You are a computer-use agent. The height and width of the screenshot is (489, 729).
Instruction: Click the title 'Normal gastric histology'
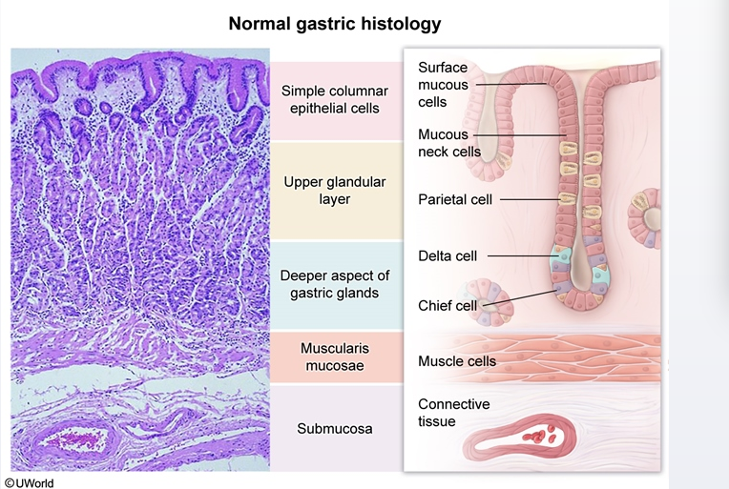(x=334, y=22)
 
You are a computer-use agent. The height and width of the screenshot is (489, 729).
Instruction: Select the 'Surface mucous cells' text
(x=443, y=84)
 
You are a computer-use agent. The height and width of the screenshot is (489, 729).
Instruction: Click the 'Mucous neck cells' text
(x=448, y=143)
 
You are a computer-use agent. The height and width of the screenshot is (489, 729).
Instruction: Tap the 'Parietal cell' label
(x=453, y=199)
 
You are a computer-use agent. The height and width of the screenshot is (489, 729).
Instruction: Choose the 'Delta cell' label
(x=448, y=255)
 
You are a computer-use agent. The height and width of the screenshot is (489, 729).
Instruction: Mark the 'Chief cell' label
(x=446, y=305)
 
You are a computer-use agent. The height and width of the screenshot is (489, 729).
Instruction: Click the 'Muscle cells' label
(x=457, y=361)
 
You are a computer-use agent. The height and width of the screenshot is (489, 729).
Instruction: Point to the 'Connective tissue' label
(x=453, y=413)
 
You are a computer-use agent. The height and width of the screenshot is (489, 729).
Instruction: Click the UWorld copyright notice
(x=29, y=482)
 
